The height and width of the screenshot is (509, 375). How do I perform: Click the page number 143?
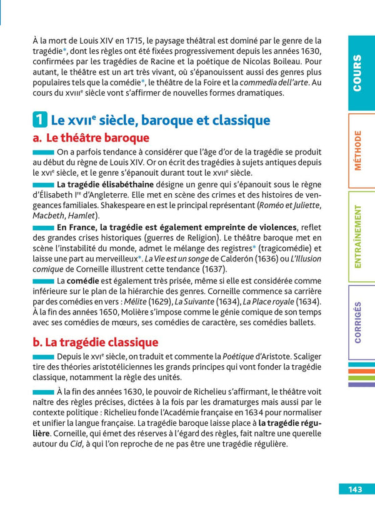click(356, 489)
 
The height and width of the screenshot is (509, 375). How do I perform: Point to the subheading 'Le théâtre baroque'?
click(91, 138)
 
